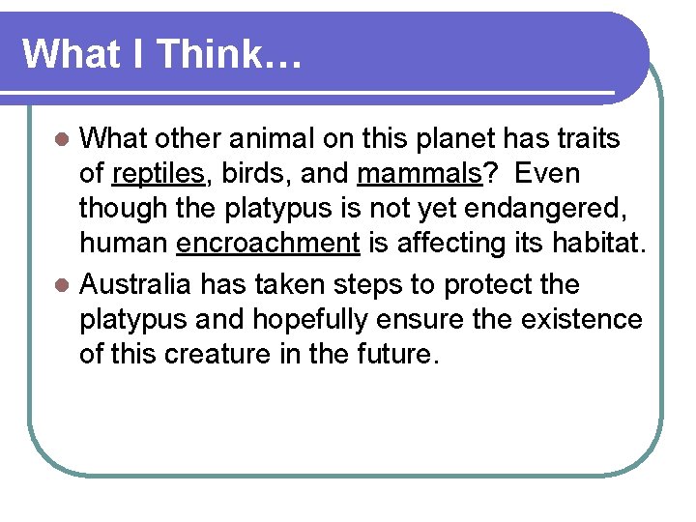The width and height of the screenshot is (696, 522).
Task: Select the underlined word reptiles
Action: click(158, 174)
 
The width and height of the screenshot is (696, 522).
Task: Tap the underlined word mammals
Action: click(420, 174)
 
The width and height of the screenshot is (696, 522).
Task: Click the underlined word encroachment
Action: click(268, 244)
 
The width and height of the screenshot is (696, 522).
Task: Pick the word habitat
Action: click(592, 244)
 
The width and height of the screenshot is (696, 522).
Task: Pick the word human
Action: click(124, 244)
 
